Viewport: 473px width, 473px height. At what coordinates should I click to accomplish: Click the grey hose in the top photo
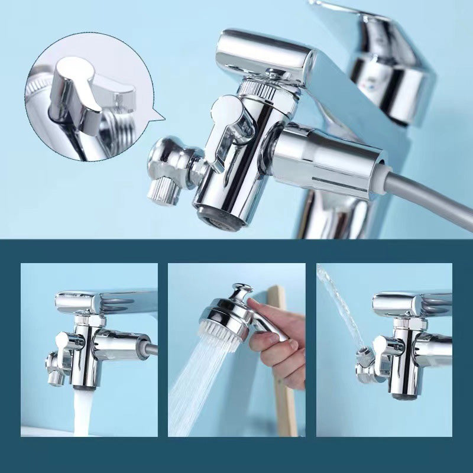(432, 195)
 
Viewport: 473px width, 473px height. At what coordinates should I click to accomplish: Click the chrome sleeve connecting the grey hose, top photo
(325, 157)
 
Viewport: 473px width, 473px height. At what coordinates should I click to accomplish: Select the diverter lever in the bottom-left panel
(67, 344)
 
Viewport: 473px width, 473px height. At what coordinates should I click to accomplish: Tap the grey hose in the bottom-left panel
(150, 349)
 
